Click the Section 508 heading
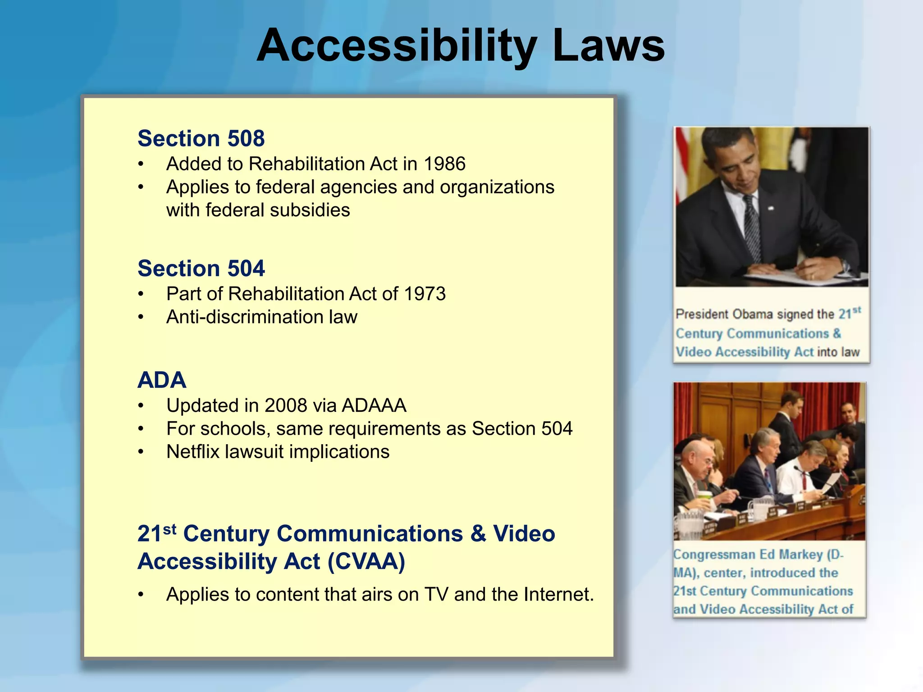[x=201, y=138]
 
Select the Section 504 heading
[x=201, y=269]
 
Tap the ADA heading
[x=162, y=380]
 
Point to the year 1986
[x=444, y=164]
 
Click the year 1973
[x=425, y=294]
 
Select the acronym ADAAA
[x=374, y=405]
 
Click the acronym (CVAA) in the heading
[x=366, y=561]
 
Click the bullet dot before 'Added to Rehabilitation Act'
[x=141, y=164]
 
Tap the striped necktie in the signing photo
[x=751, y=225]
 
